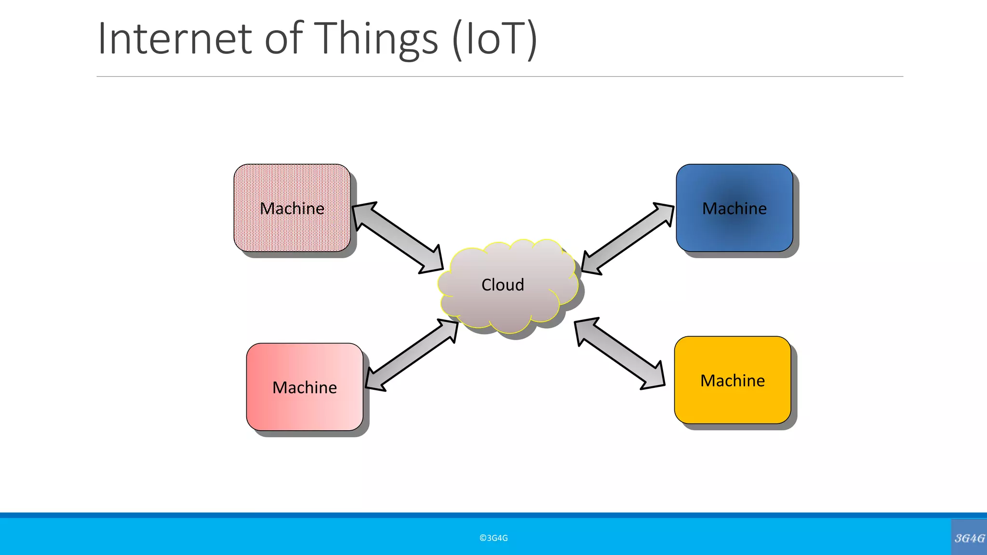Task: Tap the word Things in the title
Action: pyautogui.click(x=377, y=40)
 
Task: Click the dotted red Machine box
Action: pyautogui.click(x=292, y=231)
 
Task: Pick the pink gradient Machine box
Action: pyautogui.click(x=305, y=410)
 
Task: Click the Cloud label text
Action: pyautogui.click(x=503, y=285)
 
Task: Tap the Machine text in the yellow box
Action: pyautogui.click(x=733, y=381)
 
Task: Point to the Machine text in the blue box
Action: pyautogui.click(x=734, y=209)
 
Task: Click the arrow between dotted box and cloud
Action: pyautogui.click(x=398, y=238)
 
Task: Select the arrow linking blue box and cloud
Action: pyautogui.click(x=628, y=238)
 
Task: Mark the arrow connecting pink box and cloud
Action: pyautogui.click(x=412, y=355)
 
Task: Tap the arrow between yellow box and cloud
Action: pyautogui.click(x=620, y=353)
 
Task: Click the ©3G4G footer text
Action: pyautogui.click(x=493, y=538)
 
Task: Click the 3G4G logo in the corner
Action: pyautogui.click(x=969, y=538)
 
